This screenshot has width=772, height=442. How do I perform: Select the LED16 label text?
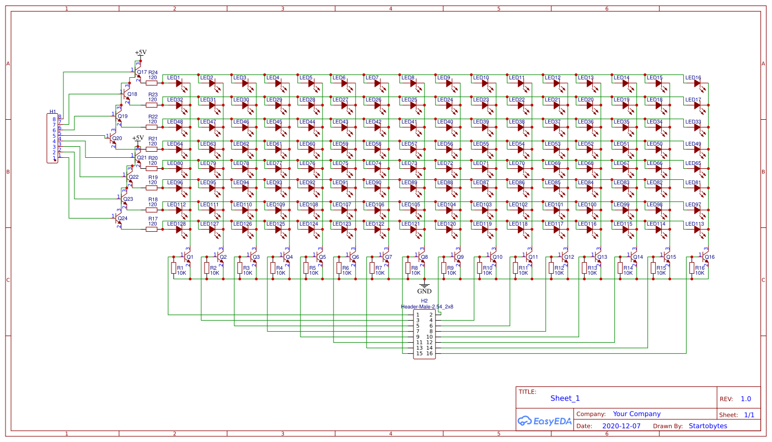point(693,78)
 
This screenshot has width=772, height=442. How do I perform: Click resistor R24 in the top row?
point(152,83)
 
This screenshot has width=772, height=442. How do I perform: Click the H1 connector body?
point(54,138)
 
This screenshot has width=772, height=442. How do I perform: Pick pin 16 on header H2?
point(429,353)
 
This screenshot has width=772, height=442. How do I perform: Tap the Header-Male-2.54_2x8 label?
point(427,306)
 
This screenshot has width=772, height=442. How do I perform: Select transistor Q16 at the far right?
point(704,257)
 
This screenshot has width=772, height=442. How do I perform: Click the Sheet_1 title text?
point(565,398)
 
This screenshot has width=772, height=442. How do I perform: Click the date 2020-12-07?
point(621,426)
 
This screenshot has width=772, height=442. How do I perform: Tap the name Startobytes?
point(708,426)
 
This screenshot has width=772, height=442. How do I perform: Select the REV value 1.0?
point(746,399)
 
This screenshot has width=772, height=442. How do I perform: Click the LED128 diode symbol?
point(179,230)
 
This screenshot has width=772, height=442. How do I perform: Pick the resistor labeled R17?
point(152,229)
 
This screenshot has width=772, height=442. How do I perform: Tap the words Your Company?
point(636,414)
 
